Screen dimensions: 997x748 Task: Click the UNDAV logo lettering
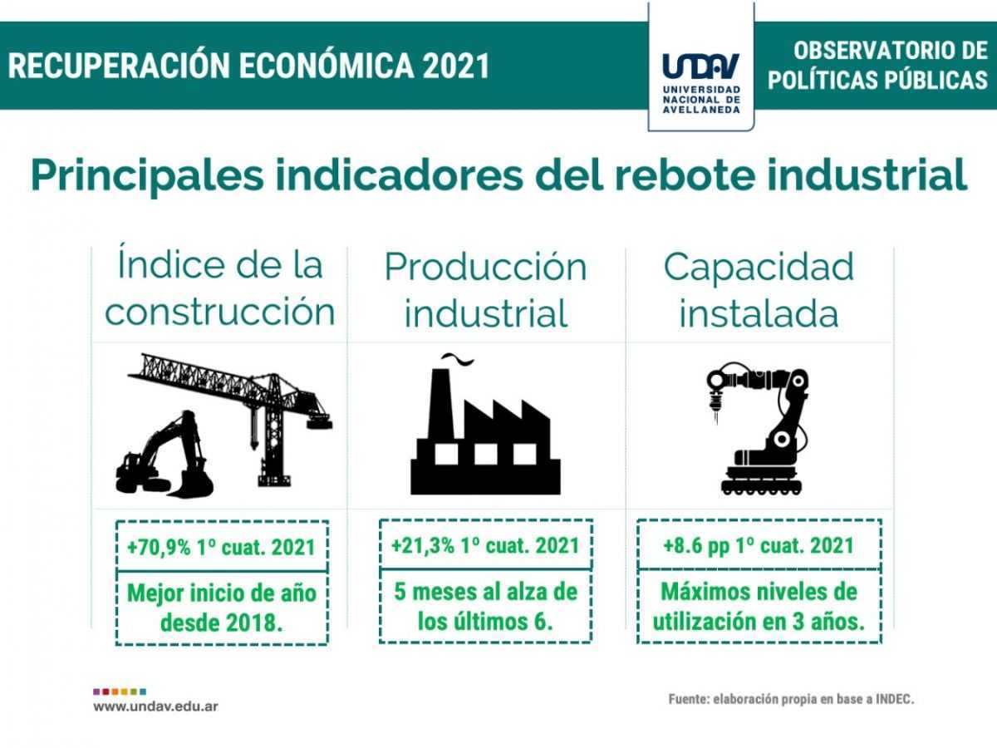pos(700,66)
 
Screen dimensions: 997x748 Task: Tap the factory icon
pos(485,431)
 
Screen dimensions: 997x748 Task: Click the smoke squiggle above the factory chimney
pos(458,358)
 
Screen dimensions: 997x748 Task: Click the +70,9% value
pos(159,547)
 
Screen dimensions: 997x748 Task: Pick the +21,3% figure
pos(422,545)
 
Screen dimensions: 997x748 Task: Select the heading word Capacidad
pos(759,267)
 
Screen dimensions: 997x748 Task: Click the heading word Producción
pos(485,267)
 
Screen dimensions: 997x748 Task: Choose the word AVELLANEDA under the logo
pos(701,110)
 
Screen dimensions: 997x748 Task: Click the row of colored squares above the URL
pos(120,692)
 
